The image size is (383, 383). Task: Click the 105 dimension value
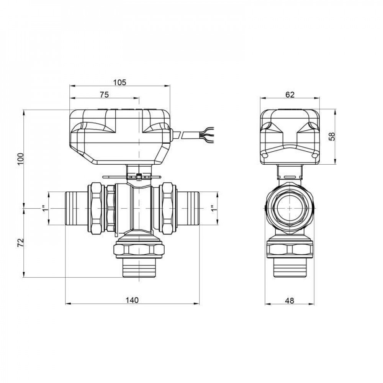click(119, 82)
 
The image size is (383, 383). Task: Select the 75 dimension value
click(104, 95)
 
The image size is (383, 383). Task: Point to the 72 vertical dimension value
click(21, 242)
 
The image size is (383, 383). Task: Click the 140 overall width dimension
click(132, 300)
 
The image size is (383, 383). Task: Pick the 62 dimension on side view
click(290, 95)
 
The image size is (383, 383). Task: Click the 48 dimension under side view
click(290, 301)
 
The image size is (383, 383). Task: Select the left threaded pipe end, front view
click(76, 208)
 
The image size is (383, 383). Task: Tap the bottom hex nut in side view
click(290, 249)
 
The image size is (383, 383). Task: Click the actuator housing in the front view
click(119, 136)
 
